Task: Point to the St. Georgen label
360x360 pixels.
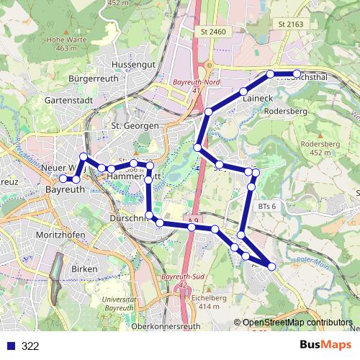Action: click(135, 125)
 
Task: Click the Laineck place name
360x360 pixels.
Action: click(256, 97)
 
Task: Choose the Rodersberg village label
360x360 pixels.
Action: click(286, 112)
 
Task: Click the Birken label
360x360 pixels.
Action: click(84, 268)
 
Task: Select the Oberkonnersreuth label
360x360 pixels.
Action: click(167, 326)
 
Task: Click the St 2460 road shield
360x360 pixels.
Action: click(214, 32)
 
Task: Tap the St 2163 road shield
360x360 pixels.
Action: click(292, 24)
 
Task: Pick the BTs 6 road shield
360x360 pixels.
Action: click(267, 206)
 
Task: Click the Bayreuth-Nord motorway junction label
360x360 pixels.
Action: click(191, 83)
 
